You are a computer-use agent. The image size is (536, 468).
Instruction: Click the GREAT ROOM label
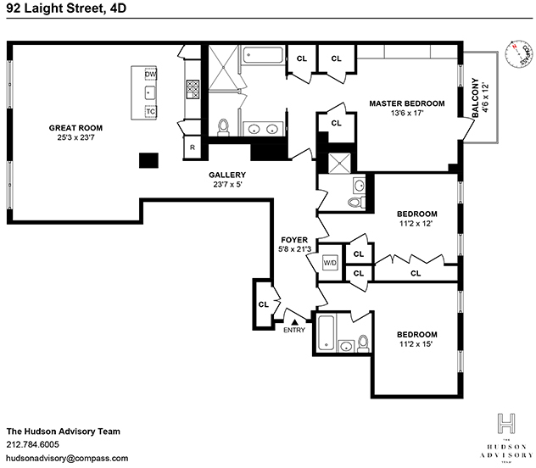75,128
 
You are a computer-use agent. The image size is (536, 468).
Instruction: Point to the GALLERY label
227,175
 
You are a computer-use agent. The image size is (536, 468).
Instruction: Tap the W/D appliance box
330,263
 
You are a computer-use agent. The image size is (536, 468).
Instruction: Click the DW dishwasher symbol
151,75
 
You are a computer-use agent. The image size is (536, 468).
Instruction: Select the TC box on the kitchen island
151,111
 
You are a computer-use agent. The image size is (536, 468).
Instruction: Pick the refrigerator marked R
193,148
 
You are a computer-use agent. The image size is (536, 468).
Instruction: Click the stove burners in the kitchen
193,87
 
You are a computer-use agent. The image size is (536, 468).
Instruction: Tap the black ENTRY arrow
294,321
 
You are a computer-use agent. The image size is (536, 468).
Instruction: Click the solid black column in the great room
149,159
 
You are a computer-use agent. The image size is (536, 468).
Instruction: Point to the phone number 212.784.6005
33,444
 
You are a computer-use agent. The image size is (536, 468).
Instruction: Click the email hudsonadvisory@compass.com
67,458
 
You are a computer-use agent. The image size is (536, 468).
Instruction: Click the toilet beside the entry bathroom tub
364,343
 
